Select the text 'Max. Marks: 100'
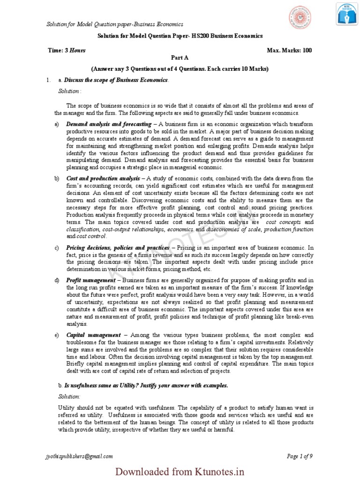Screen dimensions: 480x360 [289, 50]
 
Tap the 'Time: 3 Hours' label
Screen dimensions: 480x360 [67, 50]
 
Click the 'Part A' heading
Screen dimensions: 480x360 [180, 57]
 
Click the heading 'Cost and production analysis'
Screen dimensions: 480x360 [103, 179]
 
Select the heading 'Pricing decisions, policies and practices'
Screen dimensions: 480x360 [118, 247]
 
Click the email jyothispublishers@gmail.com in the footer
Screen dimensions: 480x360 [79, 456]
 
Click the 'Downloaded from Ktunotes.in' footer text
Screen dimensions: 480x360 [180, 471]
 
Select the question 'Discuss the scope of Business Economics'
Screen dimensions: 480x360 [116, 80]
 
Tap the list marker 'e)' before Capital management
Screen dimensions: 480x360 [57, 335]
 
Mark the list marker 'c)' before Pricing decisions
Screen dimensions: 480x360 [57, 247]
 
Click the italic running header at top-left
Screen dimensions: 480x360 [114, 24]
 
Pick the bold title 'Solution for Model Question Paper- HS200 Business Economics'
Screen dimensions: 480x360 [180, 36]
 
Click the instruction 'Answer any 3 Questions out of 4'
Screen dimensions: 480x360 [180, 69]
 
